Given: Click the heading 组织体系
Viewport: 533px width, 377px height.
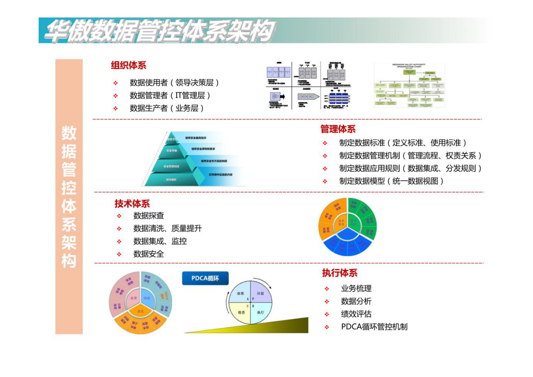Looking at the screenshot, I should (128, 65).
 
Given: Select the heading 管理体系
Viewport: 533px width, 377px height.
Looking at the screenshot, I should (338, 129).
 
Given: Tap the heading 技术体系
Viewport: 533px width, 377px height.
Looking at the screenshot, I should (132, 204).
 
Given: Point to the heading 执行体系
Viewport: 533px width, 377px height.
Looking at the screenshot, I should (340, 273).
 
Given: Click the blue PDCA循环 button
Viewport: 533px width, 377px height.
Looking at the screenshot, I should (205, 278).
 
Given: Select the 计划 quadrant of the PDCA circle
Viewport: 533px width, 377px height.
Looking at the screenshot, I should (260, 293).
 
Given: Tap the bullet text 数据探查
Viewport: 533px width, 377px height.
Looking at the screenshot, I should (148, 216).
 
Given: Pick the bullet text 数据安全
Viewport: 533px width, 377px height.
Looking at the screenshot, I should (148, 254).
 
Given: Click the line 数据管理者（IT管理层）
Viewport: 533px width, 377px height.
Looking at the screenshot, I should (170, 95).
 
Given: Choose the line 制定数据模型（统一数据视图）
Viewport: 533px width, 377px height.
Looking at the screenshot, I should (391, 181).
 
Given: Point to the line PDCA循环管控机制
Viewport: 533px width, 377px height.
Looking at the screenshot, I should (374, 327).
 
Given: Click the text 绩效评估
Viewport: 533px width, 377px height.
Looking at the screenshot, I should (356, 314).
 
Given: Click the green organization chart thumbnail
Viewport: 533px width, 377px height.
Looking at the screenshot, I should (409, 85).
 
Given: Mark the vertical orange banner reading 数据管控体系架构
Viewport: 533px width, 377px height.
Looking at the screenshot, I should (69, 197).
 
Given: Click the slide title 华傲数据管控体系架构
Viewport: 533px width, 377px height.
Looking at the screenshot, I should (160, 31).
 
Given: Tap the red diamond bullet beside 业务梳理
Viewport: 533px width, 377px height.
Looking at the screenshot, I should (327, 289).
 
